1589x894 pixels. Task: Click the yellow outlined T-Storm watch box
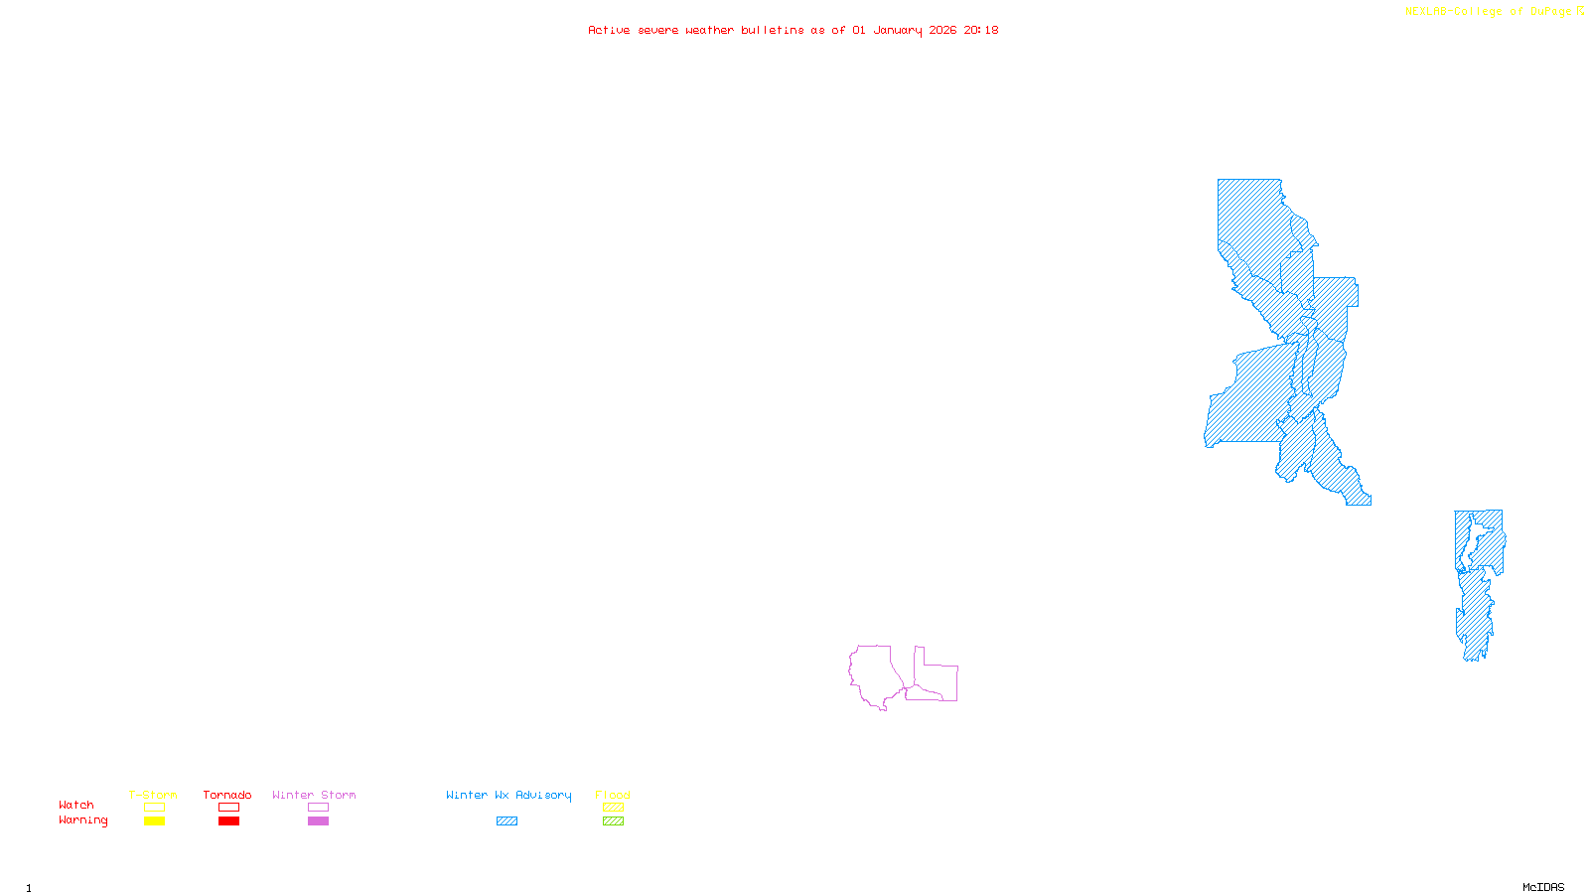pos(154,808)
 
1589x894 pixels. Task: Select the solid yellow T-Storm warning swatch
pos(154,821)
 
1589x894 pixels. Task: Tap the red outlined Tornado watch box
pos(228,808)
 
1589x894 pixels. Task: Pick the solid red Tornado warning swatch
pos(228,821)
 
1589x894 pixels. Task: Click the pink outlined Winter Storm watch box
pos(318,808)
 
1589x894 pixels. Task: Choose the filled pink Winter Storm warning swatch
pos(318,821)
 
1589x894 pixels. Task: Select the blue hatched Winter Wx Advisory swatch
pos(506,821)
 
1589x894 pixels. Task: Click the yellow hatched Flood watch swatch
pos(613,808)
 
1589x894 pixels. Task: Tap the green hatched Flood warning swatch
pos(613,821)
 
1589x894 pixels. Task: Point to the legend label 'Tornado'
pos(227,795)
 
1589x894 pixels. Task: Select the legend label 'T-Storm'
pos(153,795)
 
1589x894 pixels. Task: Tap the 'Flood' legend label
pos(613,795)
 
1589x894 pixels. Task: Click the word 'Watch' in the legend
pos(76,806)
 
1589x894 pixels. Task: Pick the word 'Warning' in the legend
pos(82,820)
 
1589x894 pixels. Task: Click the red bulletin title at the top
pos(794,30)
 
